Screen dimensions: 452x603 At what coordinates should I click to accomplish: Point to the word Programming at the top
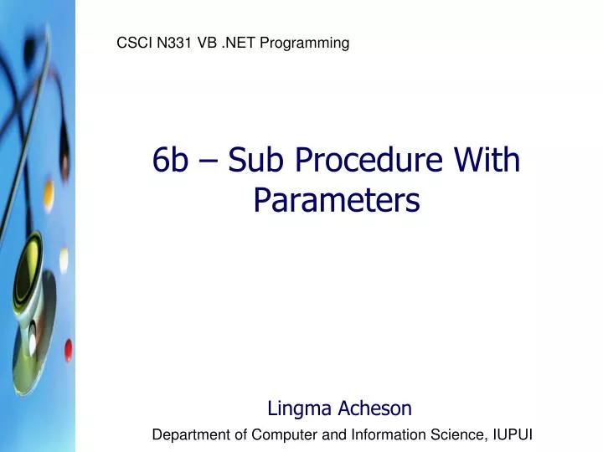pyautogui.click(x=305, y=43)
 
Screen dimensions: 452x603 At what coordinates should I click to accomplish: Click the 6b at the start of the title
pyautogui.click(x=171, y=160)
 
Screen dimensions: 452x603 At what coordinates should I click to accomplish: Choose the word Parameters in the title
pyautogui.click(x=337, y=200)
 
